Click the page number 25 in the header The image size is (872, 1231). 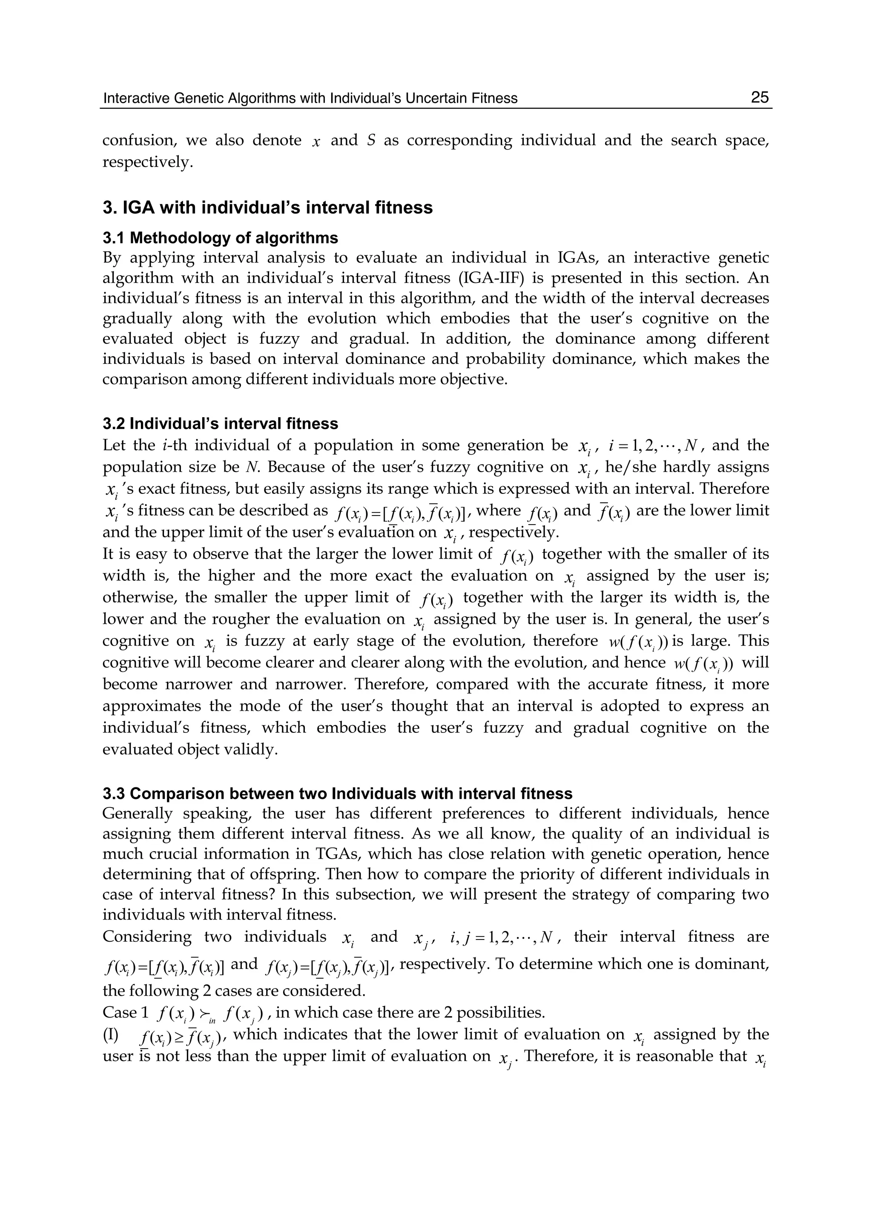(759, 97)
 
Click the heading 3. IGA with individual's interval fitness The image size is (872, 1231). (267, 208)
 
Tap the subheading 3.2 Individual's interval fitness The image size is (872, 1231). (220, 424)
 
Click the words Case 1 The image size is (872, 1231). (125, 1012)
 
